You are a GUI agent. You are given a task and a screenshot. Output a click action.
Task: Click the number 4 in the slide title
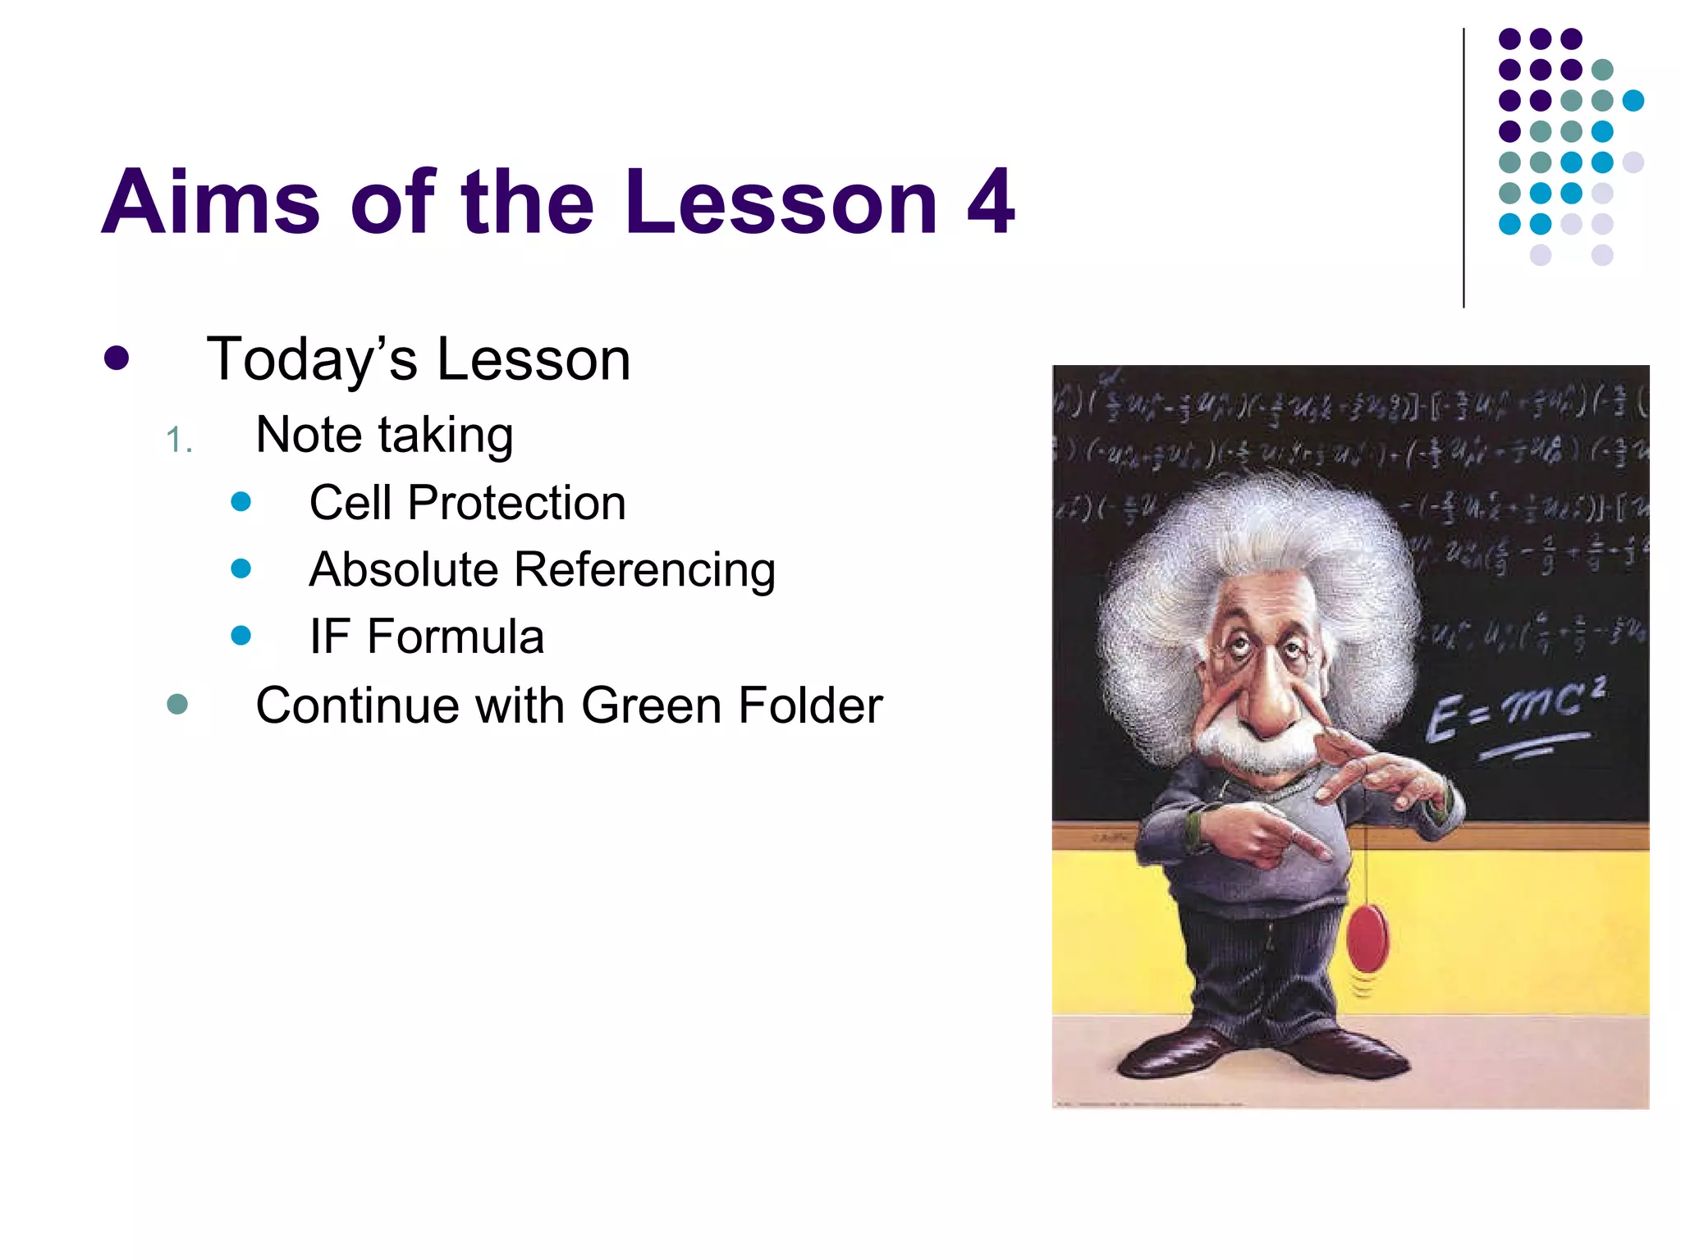(991, 202)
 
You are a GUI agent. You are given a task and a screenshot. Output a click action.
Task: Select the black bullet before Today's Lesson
(117, 358)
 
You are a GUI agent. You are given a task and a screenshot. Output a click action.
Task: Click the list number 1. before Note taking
(178, 441)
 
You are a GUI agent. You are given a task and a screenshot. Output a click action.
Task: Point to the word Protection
(516, 502)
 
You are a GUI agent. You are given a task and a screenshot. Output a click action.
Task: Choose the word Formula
(456, 637)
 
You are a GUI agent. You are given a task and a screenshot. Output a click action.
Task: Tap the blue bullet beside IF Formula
(240, 635)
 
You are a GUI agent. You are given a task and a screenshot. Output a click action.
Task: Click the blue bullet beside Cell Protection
(240, 501)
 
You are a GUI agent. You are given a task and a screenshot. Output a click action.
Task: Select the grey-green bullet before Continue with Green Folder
(177, 704)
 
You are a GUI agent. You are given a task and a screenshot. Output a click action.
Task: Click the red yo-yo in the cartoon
(1367, 936)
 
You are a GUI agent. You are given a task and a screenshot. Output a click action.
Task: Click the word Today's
(312, 359)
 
